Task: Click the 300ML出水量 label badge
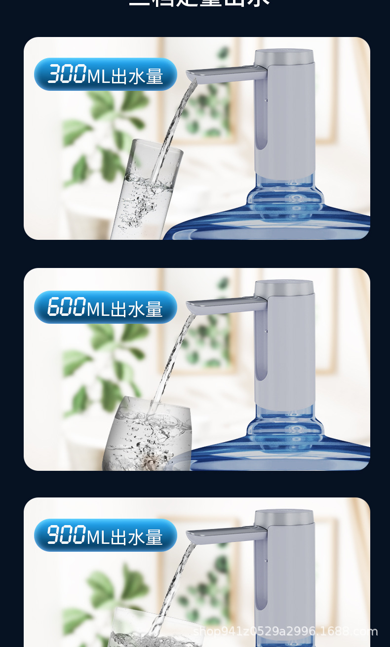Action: coord(105,75)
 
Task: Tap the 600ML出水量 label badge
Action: coord(105,307)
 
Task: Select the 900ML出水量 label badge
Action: coord(105,535)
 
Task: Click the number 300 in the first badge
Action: coord(67,75)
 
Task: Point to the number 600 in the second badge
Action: coord(67,307)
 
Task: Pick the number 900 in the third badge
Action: coord(66,535)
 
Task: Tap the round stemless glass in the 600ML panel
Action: coord(148,434)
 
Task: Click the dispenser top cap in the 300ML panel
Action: coord(284,55)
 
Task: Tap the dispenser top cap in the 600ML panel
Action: coord(284,287)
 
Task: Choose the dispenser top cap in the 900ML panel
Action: coord(284,516)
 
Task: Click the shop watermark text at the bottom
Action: coord(285,631)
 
